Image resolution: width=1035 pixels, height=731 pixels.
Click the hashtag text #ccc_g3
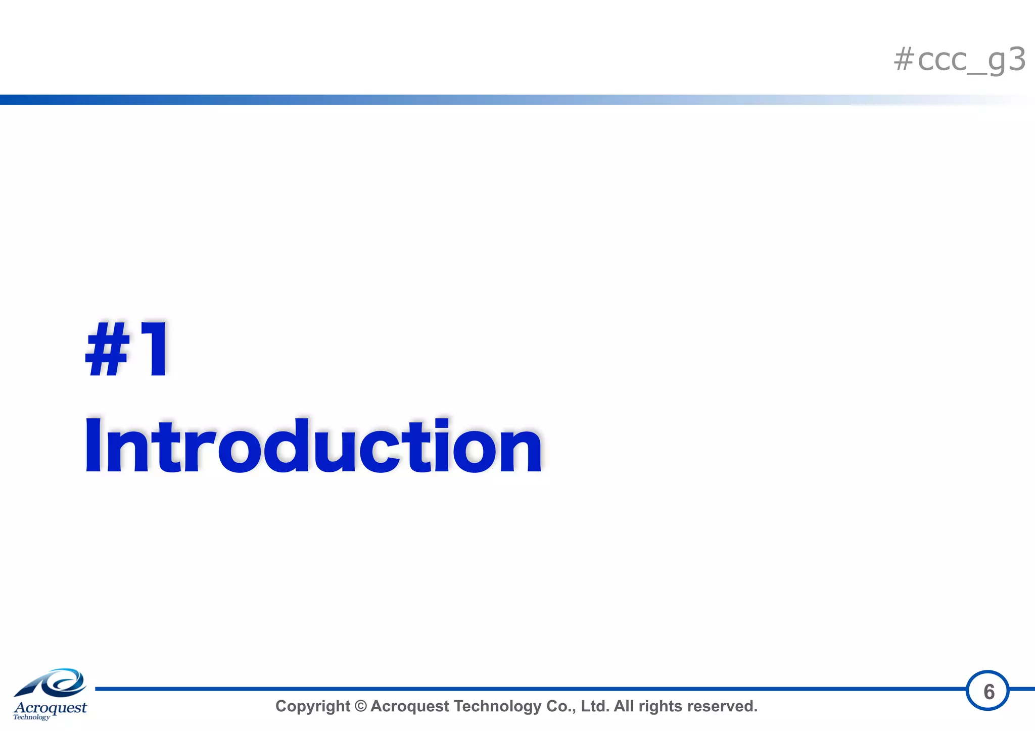[959, 60]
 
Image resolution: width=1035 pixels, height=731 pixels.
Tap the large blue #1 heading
[127, 350]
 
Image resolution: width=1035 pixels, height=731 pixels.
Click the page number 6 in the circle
[989, 692]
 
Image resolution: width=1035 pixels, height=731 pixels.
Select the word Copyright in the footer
[312, 706]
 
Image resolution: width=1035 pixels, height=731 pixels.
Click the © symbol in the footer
[360, 706]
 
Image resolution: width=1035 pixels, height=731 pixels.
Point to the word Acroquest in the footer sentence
[409, 706]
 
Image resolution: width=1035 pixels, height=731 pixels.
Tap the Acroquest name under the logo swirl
[50, 707]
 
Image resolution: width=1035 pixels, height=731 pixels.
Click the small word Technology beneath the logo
[31, 717]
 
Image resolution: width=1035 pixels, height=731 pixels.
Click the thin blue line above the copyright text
[505, 689]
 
